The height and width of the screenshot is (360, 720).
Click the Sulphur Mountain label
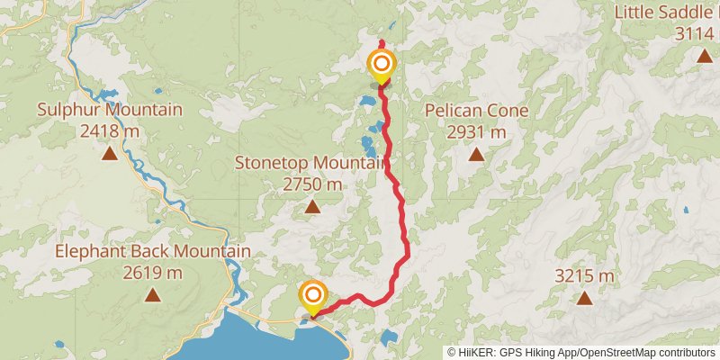coord(109,110)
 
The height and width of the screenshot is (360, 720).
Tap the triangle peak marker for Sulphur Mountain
coord(109,154)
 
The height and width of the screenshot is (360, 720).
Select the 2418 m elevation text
coord(109,131)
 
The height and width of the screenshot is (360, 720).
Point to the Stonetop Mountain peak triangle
coord(312,207)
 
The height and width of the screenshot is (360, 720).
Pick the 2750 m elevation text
coord(311,184)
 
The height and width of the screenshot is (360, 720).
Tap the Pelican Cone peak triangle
coord(475,154)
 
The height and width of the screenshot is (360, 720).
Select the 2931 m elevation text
coord(475,132)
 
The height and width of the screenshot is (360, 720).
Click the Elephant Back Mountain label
coord(153,251)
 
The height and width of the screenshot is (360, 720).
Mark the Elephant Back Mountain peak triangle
coord(153,295)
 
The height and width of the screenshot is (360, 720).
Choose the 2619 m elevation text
coord(153,273)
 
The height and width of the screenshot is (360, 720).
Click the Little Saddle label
coord(667,13)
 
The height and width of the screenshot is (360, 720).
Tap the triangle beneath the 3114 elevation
coord(703,57)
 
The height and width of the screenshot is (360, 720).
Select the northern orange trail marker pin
coord(382,66)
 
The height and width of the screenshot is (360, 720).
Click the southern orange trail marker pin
coord(313,296)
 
